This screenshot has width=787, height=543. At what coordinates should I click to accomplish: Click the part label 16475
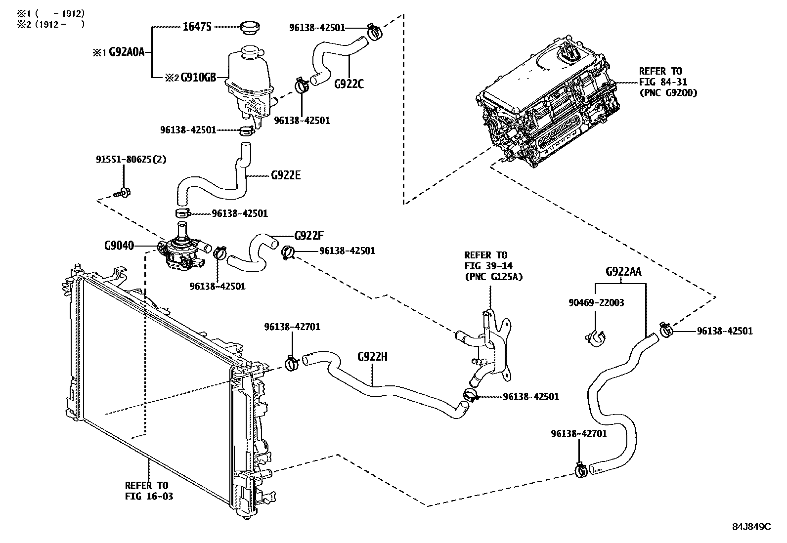pyautogui.click(x=197, y=27)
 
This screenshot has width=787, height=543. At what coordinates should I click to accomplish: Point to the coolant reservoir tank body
pyautogui.click(x=249, y=79)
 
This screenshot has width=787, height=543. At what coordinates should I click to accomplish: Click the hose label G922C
pyautogui.click(x=349, y=84)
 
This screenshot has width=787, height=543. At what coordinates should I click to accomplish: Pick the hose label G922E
pyautogui.click(x=286, y=175)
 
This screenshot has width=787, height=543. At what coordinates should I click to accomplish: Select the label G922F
pyautogui.click(x=308, y=236)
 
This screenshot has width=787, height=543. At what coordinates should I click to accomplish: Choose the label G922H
pyautogui.click(x=372, y=356)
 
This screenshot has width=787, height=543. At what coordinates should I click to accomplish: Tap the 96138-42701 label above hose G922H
pyautogui.click(x=292, y=327)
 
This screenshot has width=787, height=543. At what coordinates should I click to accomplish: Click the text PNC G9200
pyautogui.click(x=667, y=92)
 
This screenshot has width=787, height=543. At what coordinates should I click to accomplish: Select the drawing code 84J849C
pyautogui.click(x=751, y=526)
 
